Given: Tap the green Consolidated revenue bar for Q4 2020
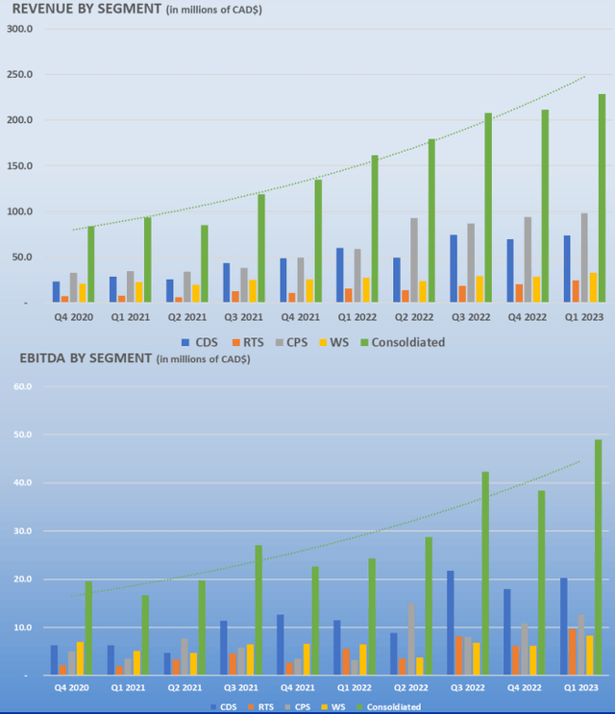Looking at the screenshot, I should click(91, 264).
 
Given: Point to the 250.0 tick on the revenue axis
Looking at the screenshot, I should click(20, 74).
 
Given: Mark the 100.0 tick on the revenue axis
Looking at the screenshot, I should click(20, 211).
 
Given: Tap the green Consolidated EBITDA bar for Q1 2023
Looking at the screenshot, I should click(598, 557).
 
